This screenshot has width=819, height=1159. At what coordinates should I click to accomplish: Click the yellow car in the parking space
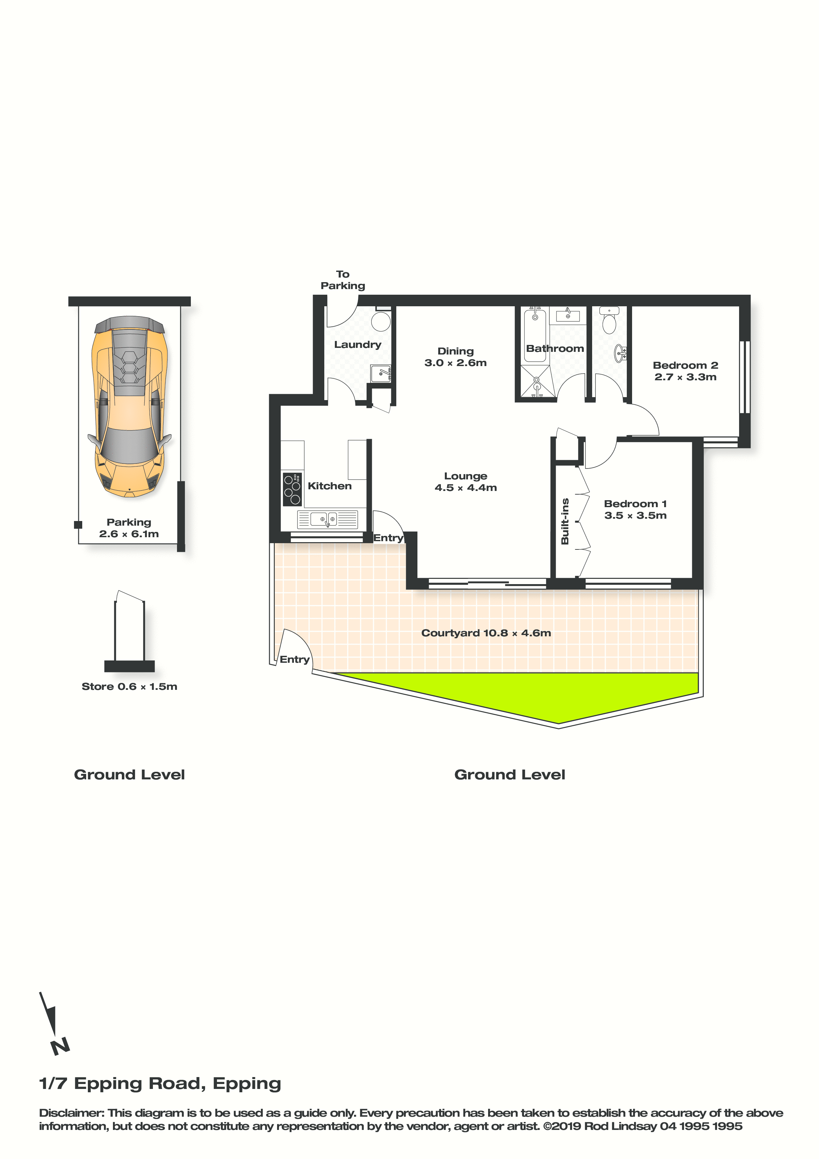click(130, 406)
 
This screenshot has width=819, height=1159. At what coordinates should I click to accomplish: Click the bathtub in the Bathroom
click(535, 336)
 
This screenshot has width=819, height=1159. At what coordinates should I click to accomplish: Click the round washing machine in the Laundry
click(381, 321)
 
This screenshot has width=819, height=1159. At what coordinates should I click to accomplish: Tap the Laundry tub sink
click(380, 374)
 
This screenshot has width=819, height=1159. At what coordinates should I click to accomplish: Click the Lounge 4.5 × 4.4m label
click(466, 482)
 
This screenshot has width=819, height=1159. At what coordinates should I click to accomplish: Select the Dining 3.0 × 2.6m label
click(456, 357)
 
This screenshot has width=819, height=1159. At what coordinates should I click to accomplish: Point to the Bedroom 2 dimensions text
click(685, 377)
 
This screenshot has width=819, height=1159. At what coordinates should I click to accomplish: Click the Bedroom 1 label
click(635, 504)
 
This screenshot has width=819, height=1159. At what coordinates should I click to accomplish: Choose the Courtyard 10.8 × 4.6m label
click(486, 633)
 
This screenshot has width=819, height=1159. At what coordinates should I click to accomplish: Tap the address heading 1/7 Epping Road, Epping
click(160, 1084)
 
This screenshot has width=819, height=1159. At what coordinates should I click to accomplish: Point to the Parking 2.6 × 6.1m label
click(129, 528)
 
